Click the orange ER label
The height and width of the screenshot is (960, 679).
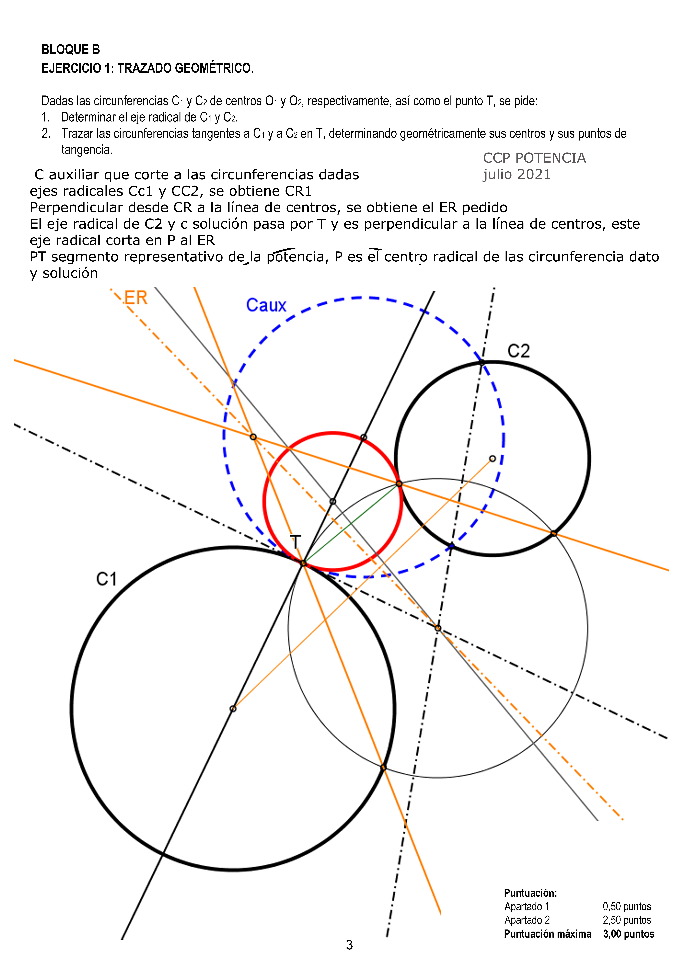[136, 298]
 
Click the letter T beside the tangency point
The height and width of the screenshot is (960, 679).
[295, 542]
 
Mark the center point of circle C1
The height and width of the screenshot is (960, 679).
[233, 709]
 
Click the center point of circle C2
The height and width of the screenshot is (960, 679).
[492, 459]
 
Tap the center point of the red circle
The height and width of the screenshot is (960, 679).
[333, 501]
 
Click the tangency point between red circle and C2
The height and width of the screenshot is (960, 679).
[399, 484]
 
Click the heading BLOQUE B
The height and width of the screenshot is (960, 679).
[71, 50]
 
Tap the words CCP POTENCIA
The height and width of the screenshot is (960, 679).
[534, 158]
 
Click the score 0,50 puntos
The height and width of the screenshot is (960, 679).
[627, 907]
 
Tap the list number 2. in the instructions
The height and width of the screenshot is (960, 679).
[46, 134]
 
